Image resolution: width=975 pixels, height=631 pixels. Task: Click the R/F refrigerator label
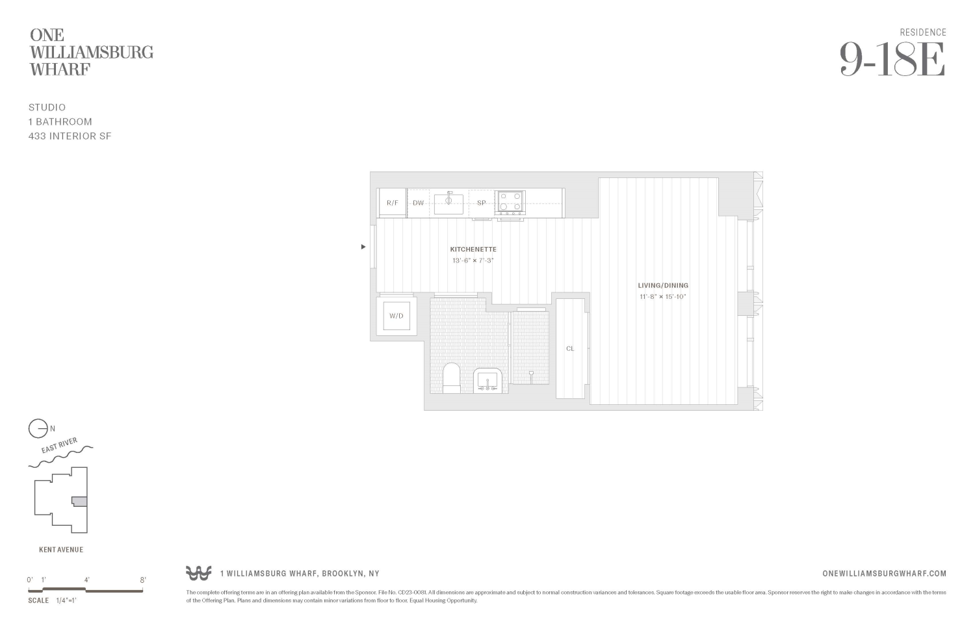(392, 203)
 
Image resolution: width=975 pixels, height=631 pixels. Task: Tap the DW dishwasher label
(418, 203)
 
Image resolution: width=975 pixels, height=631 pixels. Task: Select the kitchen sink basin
(448, 203)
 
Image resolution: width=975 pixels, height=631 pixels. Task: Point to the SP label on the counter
(481, 203)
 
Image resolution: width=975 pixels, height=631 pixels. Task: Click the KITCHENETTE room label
(473, 250)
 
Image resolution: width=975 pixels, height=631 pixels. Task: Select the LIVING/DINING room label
(662, 285)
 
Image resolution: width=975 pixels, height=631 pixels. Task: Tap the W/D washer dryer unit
(396, 316)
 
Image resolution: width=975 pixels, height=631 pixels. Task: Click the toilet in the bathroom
(452, 378)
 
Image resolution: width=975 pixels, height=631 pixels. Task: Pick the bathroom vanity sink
(487, 380)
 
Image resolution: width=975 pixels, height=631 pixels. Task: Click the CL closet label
(570, 349)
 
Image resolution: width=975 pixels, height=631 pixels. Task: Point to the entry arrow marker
(363, 247)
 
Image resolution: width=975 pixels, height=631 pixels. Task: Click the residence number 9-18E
(892, 60)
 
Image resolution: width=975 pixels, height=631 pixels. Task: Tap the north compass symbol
(38, 429)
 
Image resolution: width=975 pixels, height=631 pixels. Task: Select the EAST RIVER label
(59, 446)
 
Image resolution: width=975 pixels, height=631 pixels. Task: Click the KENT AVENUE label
(61, 550)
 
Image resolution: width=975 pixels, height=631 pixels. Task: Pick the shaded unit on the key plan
(79, 501)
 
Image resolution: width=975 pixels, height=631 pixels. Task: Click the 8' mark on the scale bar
(142, 580)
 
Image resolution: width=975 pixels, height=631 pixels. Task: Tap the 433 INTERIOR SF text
(70, 136)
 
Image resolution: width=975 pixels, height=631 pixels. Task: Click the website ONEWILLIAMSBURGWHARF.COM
(884, 573)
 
